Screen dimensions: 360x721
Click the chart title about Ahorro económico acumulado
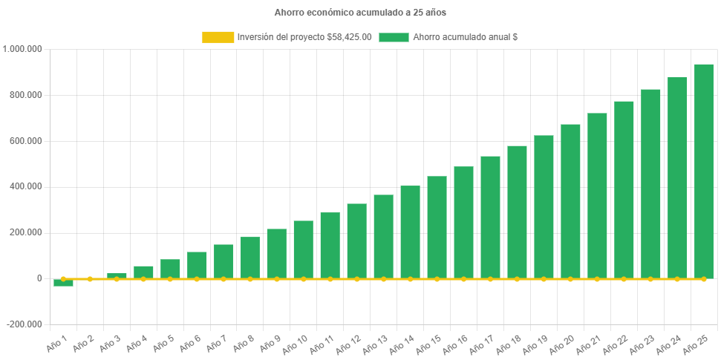(x=360, y=13)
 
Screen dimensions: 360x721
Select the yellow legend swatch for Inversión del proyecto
(x=217, y=37)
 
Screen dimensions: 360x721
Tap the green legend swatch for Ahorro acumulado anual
(x=394, y=37)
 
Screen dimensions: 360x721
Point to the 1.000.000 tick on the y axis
(x=23, y=49)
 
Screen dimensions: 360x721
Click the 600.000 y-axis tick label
(x=26, y=141)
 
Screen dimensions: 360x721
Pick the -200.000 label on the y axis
(x=25, y=324)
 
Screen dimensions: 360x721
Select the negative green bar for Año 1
(x=63, y=283)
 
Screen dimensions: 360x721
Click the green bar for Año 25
(x=703, y=171)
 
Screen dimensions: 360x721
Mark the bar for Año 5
(x=170, y=269)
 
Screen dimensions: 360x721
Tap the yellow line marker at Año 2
(x=90, y=279)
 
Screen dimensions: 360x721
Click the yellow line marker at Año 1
(x=63, y=279)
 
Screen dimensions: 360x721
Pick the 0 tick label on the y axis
(x=39, y=278)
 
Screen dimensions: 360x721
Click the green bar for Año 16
(x=463, y=222)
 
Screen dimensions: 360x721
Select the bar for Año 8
(x=250, y=258)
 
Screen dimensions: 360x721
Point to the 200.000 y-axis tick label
(x=26, y=232)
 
